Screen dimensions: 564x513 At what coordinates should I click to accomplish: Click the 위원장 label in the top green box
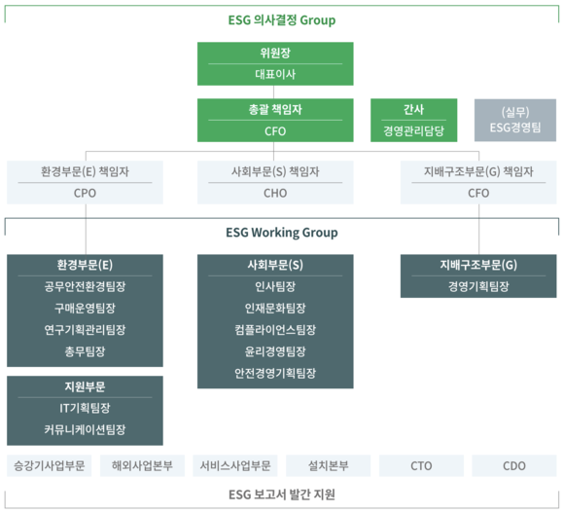click(x=275, y=53)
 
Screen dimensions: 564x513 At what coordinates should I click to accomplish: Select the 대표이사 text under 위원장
click(x=275, y=75)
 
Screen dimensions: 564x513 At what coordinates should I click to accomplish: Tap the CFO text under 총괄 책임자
click(x=275, y=131)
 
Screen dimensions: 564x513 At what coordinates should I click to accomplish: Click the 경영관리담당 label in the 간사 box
click(x=413, y=130)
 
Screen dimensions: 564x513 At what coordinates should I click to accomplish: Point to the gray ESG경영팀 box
click(x=515, y=121)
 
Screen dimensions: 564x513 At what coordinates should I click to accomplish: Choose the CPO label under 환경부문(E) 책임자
click(x=85, y=194)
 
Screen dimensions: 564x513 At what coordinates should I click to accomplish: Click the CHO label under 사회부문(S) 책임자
click(x=275, y=194)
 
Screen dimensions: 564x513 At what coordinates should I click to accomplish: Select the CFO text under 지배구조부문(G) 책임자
click(x=478, y=194)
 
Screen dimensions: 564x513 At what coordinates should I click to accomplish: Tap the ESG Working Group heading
click(x=282, y=233)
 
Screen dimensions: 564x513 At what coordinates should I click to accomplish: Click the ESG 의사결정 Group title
click(x=282, y=20)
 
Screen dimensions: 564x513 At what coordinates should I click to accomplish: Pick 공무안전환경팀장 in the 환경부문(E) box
click(x=85, y=286)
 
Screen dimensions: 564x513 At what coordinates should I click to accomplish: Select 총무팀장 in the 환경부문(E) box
click(x=85, y=351)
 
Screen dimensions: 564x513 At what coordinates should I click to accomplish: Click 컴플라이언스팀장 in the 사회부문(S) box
click(x=275, y=330)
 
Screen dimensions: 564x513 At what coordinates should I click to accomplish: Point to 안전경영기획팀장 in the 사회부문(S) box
click(x=275, y=373)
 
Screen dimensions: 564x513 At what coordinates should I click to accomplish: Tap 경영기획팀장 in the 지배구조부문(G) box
click(x=478, y=286)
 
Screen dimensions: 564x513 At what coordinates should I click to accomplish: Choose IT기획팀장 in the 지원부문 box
click(x=85, y=408)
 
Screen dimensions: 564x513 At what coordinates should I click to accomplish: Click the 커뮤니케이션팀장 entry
click(x=85, y=429)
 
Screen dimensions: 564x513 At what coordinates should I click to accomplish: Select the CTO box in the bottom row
click(x=421, y=466)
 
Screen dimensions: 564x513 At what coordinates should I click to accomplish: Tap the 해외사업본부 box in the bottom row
click(x=142, y=466)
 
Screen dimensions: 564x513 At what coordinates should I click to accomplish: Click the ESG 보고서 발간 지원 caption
click(x=282, y=495)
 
